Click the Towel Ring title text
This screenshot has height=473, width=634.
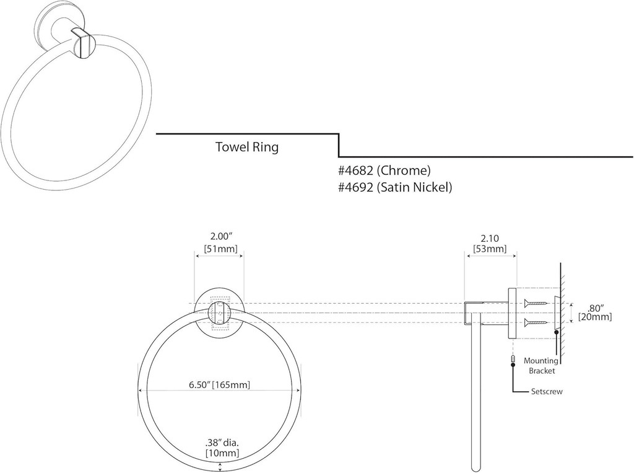pyautogui.click(x=246, y=147)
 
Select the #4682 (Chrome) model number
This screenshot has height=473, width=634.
pyautogui.click(x=384, y=170)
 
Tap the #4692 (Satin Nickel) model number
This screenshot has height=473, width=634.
pyautogui.click(x=395, y=186)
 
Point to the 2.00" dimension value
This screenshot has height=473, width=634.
pyautogui.click(x=219, y=237)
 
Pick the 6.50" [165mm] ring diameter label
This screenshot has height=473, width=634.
pyautogui.click(x=219, y=384)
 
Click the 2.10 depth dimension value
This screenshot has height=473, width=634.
pyautogui.click(x=490, y=237)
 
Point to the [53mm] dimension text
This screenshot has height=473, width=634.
pyautogui.click(x=490, y=249)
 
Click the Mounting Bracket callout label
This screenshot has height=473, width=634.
pyautogui.click(x=541, y=366)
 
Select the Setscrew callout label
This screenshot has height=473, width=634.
pyautogui.click(x=547, y=392)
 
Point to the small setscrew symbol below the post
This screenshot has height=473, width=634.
pyautogui.click(x=513, y=359)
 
